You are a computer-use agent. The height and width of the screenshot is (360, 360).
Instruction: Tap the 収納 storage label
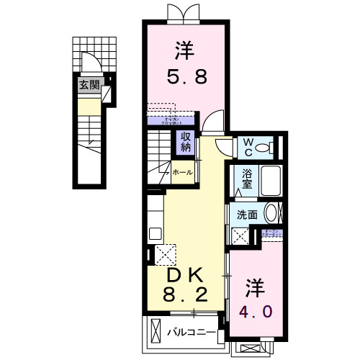(186, 142)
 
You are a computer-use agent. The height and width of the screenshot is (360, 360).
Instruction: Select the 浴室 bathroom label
(247, 178)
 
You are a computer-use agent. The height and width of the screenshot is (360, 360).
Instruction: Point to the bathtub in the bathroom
(269, 181)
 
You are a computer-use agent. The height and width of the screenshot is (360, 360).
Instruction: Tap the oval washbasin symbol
(271, 213)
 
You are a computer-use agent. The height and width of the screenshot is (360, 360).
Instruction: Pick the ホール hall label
(182, 172)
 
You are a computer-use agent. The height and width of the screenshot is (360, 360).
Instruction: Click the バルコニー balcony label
(192, 333)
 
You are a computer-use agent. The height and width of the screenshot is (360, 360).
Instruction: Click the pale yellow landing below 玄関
(89, 107)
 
